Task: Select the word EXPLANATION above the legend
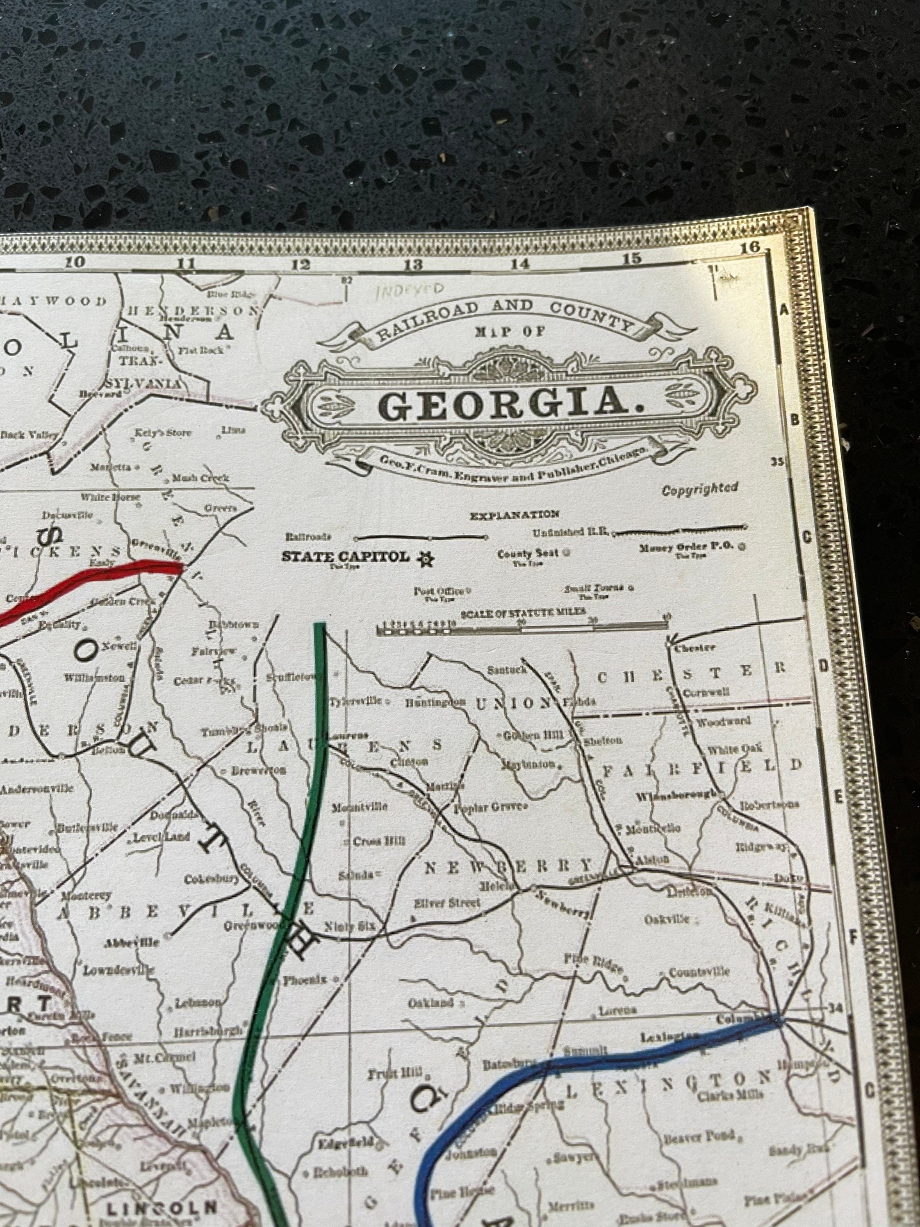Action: point(514,515)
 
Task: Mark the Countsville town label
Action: point(699,972)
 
